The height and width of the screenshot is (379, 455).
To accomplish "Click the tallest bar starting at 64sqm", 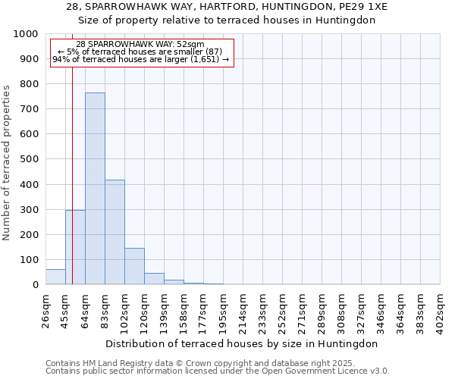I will point(95,189).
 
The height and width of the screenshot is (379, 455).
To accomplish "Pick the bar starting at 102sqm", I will point(134,266).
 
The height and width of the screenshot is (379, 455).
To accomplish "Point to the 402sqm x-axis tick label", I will point(441,310).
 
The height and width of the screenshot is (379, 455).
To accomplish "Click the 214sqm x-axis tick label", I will point(243,310).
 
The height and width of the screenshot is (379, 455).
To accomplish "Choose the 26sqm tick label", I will point(45,310).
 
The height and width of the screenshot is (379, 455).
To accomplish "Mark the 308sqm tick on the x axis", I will point(342,310).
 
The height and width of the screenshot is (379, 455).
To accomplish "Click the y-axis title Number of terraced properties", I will point(7,162).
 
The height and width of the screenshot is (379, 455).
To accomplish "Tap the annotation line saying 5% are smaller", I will point(140,52).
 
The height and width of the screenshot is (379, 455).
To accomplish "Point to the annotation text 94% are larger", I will point(140,59).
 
